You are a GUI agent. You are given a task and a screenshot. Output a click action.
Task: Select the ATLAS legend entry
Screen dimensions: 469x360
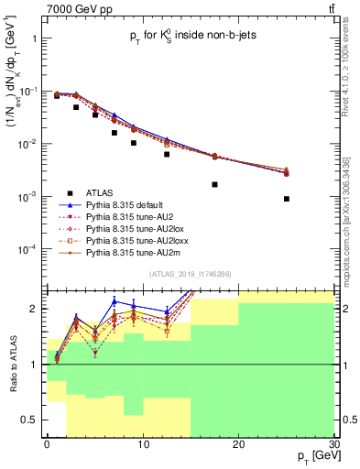[100, 193]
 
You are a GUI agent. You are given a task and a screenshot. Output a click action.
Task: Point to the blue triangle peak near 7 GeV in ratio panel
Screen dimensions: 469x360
[115, 301]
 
